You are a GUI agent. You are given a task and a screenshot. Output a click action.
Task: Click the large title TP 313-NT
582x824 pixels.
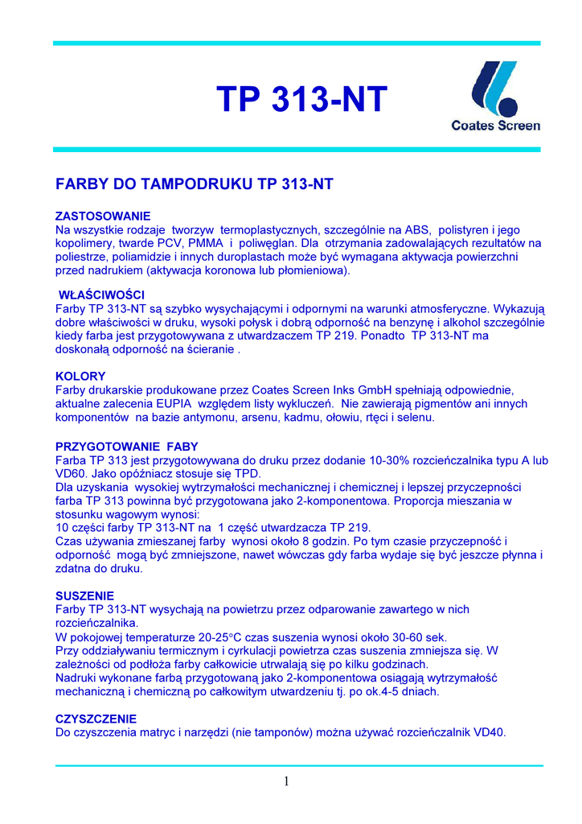[301, 100]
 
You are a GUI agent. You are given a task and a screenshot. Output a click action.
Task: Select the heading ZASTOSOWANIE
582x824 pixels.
[102, 216]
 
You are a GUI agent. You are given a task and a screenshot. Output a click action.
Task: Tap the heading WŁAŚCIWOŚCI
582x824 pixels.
[102, 295]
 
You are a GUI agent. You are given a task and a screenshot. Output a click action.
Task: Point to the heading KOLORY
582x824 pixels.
[80, 376]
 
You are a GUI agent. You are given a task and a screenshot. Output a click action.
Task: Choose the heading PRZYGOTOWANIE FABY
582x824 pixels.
[126, 447]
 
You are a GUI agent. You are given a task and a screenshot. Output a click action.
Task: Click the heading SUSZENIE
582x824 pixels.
[84, 596]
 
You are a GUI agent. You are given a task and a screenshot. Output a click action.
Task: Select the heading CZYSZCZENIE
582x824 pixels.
[96, 719]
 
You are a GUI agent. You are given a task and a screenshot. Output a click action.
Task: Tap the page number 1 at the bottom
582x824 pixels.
[285, 781]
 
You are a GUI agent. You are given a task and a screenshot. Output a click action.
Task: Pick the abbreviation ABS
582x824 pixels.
[420, 229]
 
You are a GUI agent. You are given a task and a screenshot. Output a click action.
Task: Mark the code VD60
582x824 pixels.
[72, 474]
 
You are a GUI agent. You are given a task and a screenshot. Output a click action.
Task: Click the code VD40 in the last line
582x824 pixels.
[490, 732]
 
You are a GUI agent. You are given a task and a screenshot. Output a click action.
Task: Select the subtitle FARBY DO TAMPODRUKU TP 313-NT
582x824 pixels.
[194, 184]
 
